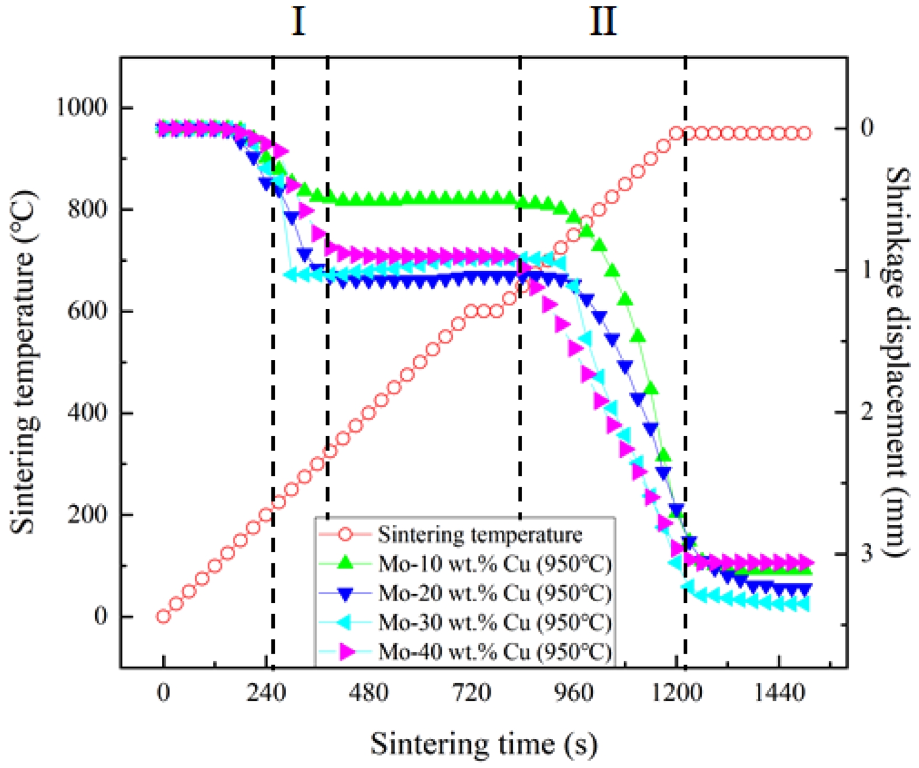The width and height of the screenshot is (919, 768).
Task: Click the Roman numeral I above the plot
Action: (298, 22)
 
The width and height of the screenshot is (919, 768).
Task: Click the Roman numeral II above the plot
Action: (603, 22)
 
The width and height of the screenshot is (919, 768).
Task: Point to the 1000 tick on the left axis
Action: (82, 107)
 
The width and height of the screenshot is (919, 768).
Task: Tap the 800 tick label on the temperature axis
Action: (88, 209)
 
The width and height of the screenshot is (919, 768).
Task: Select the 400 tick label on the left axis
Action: (88, 412)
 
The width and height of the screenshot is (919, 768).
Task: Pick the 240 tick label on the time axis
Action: (266, 693)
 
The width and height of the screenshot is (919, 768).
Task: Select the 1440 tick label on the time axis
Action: (780, 693)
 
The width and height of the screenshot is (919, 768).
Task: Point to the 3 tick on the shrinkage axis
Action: (867, 552)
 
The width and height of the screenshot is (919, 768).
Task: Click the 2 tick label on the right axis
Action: (867, 412)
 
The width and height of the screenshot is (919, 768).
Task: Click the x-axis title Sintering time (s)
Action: (484, 744)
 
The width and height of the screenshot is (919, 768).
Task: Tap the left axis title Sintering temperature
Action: (23, 362)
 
